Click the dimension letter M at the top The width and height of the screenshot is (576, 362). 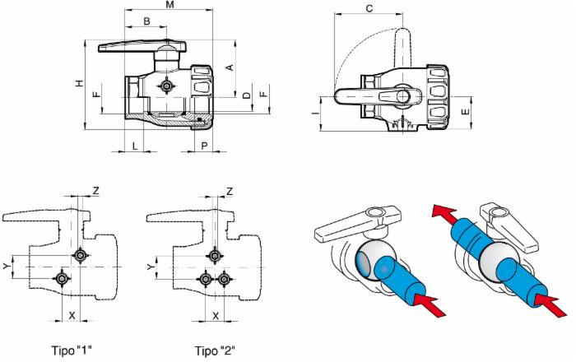click(x=170, y=6)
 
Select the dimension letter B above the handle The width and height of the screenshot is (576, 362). click(x=146, y=21)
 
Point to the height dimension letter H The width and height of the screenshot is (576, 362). click(x=80, y=84)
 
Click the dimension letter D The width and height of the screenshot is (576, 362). click(x=247, y=96)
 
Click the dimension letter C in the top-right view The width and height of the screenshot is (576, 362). click(x=369, y=9)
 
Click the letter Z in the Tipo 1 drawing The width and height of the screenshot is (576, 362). click(x=96, y=191)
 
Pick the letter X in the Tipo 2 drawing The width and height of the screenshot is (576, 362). click(x=216, y=315)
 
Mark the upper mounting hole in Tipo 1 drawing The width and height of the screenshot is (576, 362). click(x=80, y=256)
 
